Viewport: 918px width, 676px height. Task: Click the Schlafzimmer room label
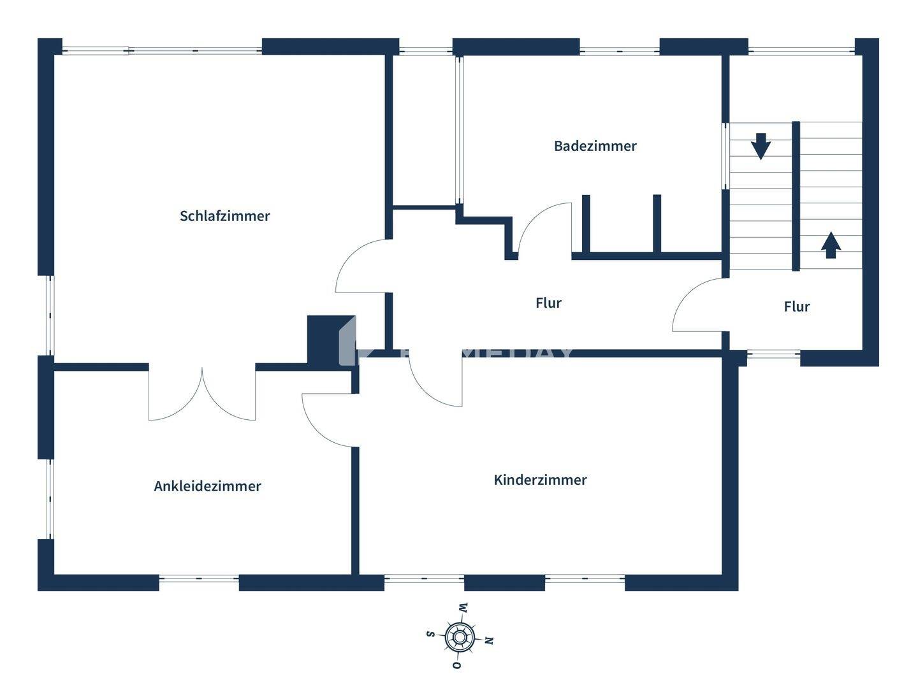coord(224,216)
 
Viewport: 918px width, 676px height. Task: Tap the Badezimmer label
coord(595,146)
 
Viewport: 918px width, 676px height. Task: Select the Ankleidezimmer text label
coord(207,486)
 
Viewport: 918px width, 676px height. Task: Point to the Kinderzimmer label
coord(540,480)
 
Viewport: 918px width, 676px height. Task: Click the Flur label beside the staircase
coord(796,306)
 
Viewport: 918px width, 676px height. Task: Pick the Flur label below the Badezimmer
coord(548,303)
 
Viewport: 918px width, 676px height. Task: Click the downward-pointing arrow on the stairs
coord(761,146)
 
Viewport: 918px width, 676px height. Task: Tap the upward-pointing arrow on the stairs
coord(829,245)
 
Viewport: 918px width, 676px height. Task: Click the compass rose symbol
coord(459,636)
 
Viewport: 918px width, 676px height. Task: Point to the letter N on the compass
coord(489,640)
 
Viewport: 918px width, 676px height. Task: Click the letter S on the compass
coord(430,634)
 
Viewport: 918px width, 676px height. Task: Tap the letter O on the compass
coord(456,665)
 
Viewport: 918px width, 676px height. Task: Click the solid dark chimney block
coord(330,339)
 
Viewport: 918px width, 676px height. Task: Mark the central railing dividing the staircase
coord(796,196)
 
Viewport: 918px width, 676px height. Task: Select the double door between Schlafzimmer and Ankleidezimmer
coord(202,395)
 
